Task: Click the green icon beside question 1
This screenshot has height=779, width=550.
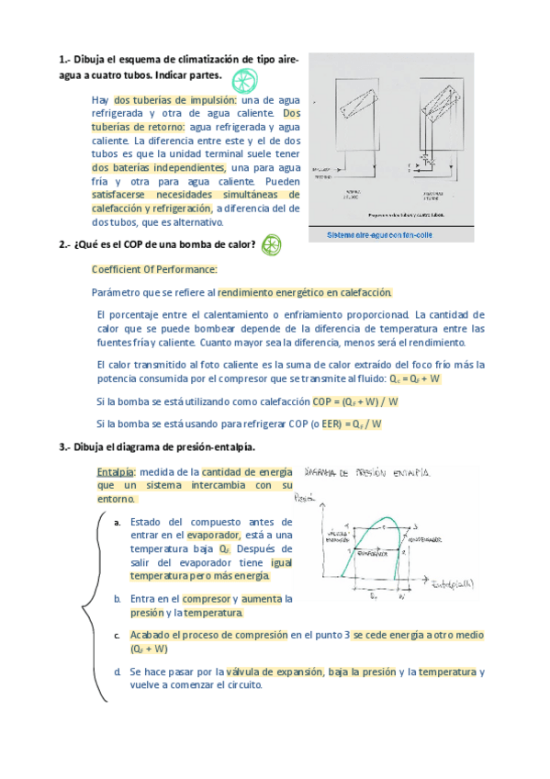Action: pyautogui.click(x=243, y=82)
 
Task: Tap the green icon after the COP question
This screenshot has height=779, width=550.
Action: pyautogui.click(x=272, y=244)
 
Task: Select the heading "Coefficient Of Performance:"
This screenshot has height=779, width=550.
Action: pyautogui.click(x=154, y=270)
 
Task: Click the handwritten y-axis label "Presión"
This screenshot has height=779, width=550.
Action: pyautogui.click(x=306, y=500)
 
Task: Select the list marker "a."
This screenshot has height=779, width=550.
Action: pyautogui.click(x=118, y=523)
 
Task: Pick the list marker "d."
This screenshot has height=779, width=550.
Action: pyautogui.click(x=118, y=672)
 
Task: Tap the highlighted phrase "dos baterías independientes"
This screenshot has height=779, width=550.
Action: pyautogui.click(x=159, y=168)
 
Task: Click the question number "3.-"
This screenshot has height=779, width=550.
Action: pyautogui.click(x=64, y=447)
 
